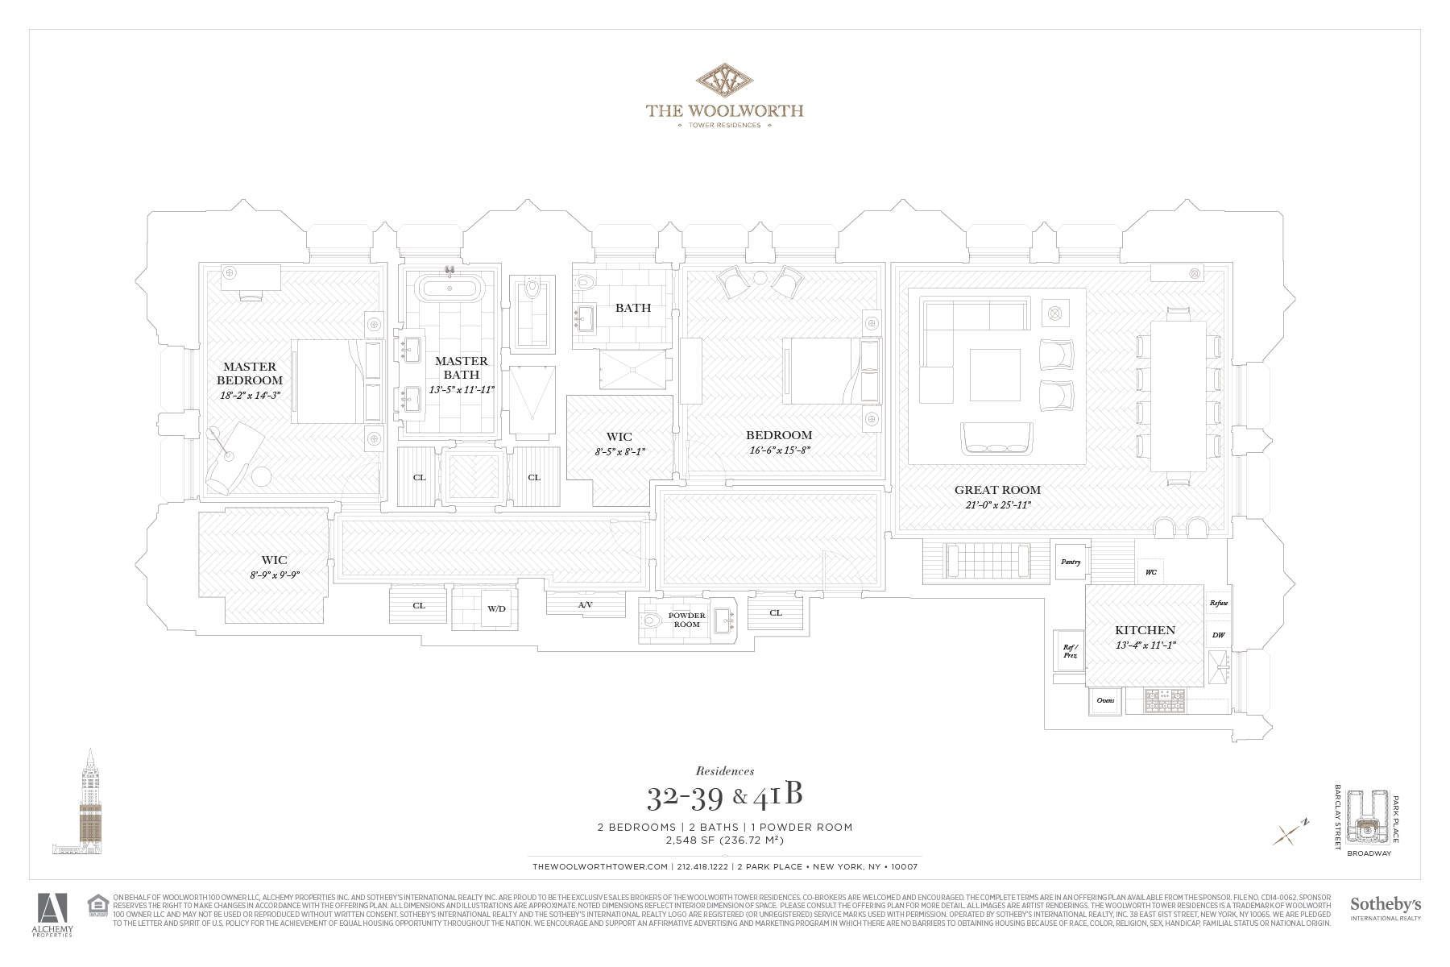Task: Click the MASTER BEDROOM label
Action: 249,373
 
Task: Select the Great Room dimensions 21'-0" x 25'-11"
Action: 997,505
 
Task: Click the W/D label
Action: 496,608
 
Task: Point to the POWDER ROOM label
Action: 686,619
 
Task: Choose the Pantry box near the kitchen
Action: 1071,562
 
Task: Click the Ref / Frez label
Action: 1070,651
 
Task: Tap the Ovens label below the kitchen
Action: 1105,700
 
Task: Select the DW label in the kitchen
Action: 1218,635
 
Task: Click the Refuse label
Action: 1218,603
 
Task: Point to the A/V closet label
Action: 585,604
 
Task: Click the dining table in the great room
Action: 1177,396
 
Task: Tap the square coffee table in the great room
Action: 996,374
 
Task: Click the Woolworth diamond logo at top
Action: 723,81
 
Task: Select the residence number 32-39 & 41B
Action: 724,797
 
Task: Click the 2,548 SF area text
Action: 724,840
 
